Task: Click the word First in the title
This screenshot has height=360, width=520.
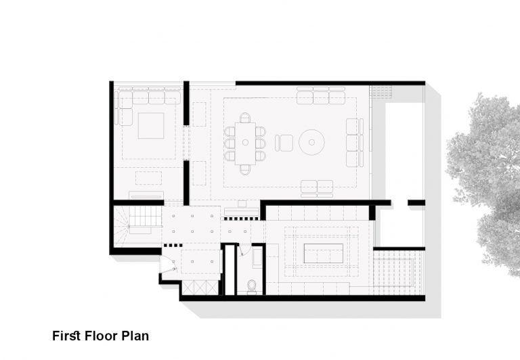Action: (66, 336)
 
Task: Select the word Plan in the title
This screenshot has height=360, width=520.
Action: (135, 336)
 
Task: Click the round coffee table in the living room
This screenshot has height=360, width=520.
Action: (311, 142)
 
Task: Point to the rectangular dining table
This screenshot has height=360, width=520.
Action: (245, 143)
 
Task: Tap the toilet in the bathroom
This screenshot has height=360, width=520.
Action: (252, 287)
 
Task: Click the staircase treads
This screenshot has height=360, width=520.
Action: (146, 217)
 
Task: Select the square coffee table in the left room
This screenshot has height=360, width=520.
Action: (151, 126)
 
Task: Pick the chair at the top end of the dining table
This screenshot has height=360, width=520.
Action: (245, 117)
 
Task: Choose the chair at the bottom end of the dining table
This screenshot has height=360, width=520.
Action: (245, 169)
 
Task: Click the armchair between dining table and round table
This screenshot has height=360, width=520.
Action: (284, 143)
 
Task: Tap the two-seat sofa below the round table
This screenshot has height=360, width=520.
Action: (317, 188)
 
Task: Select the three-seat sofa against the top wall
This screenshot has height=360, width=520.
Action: (321, 95)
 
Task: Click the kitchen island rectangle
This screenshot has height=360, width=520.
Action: (324, 254)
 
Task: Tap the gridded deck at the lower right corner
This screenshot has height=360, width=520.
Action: (399, 273)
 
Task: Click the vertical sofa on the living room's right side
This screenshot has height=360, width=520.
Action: (355, 143)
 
